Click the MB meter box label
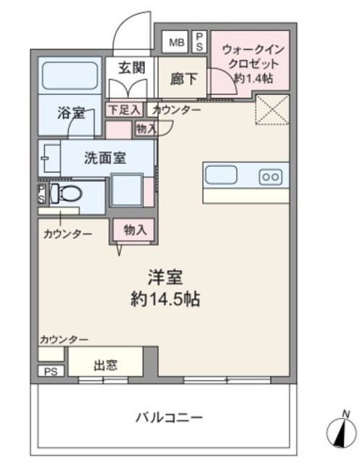(177, 42)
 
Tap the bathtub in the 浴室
(70, 75)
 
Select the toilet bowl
(67, 194)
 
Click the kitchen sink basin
(221, 175)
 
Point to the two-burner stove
(271, 177)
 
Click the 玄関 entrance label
(132, 68)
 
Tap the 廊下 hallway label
(183, 79)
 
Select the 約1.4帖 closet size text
(254, 78)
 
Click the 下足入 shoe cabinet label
(124, 109)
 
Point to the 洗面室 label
(105, 158)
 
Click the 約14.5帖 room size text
(166, 299)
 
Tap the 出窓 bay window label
(105, 365)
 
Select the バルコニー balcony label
(169, 418)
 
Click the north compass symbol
(342, 431)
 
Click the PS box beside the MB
(199, 42)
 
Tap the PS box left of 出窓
(51, 371)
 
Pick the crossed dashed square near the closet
(272, 109)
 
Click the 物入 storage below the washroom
(135, 230)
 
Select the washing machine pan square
(127, 190)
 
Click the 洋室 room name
(165, 277)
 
